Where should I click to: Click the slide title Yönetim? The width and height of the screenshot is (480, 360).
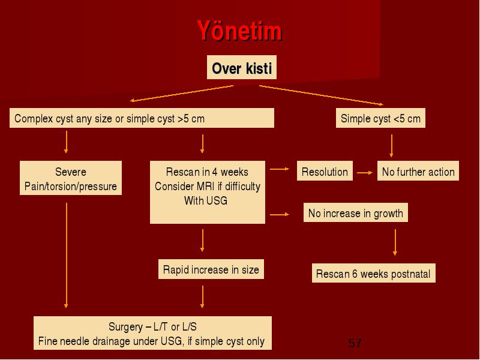pyautogui.click(x=239, y=31)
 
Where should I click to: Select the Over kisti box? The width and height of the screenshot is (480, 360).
pyautogui.click(x=242, y=67)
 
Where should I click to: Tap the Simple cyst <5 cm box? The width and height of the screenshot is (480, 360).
pyautogui.click(x=380, y=118)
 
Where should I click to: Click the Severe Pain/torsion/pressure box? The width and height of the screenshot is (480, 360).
pyautogui.click(x=71, y=178)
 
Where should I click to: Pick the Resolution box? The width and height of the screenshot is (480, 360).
pyautogui.click(x=325, y=171)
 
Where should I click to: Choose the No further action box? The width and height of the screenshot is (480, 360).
pyautogui.click(x=418, y=171)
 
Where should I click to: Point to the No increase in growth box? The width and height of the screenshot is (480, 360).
pyautogui.click(x=355, y=212)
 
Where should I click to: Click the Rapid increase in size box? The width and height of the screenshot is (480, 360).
pyautogui.click(x=211, y=269)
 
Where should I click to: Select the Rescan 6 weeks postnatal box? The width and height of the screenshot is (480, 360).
pyautogui.click(x=373, y=273)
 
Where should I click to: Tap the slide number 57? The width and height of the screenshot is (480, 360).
pyautogui.click(x=355, y=343)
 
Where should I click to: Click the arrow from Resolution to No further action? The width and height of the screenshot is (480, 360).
pyautogui.click(x=365, y=173)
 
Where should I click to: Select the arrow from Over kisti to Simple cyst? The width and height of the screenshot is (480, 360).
pyautogui.click(x=322, y=95)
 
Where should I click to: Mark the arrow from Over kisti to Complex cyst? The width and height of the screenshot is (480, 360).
pyautogui.click(x=182, y=93)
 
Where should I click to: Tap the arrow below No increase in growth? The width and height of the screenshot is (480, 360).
pyautogui.click(x=395, y=242)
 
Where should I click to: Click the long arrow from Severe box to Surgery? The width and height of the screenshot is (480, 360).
pyautogui.click(x=66, y=256)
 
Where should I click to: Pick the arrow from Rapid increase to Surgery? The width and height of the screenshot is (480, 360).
pyautogui.click(x=202, y=296)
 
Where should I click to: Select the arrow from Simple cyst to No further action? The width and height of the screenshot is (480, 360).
pyautogui.click(x=391, y=146)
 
